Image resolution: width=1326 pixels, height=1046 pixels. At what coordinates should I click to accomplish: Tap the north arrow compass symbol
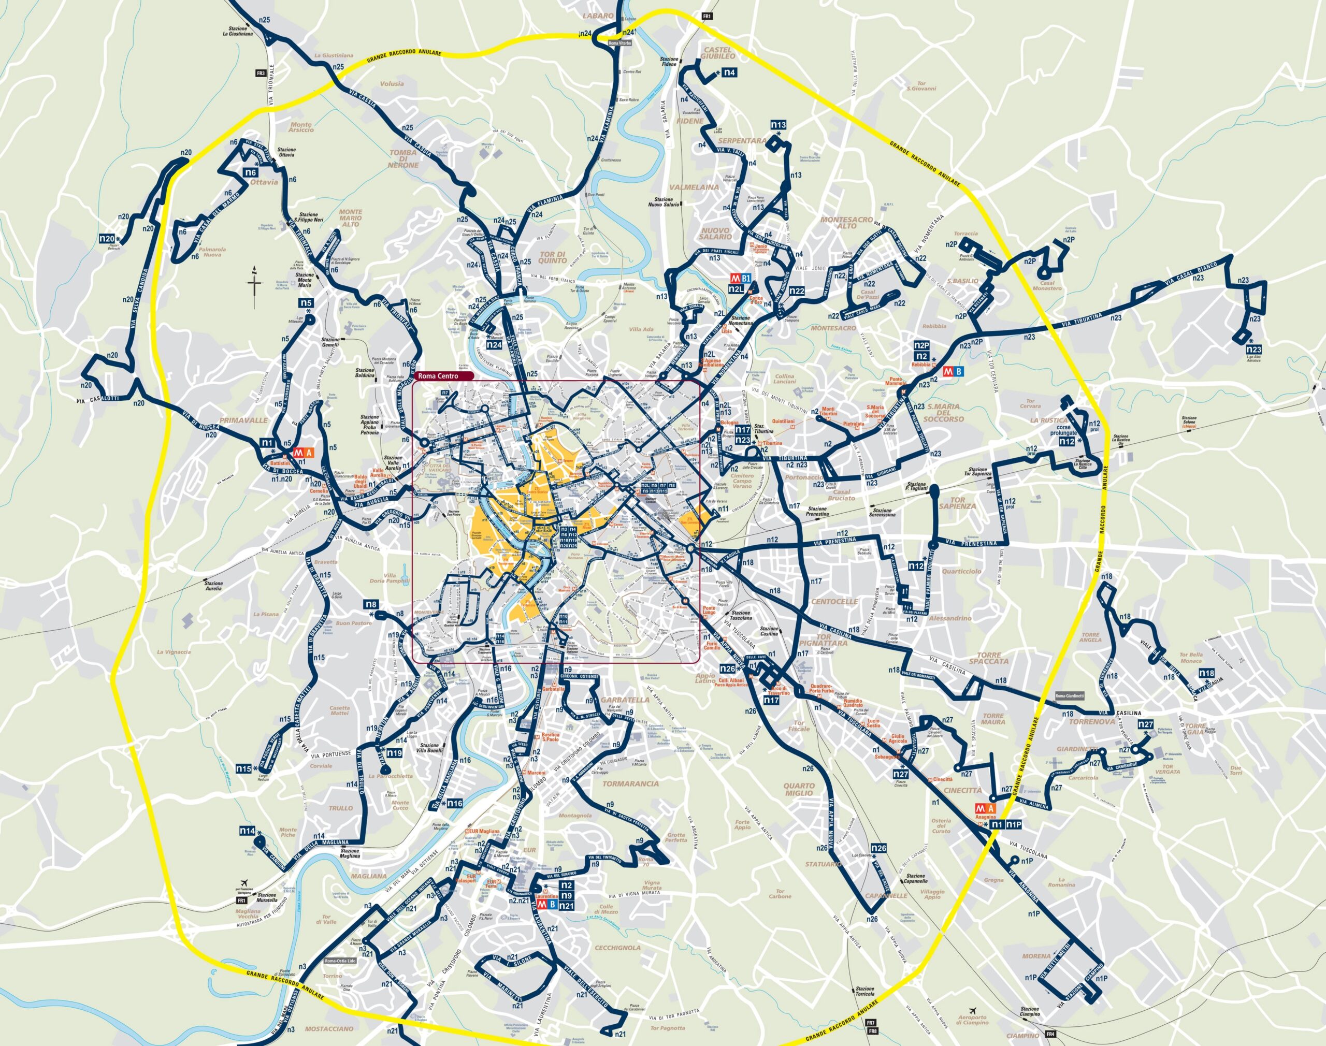pos(256,285)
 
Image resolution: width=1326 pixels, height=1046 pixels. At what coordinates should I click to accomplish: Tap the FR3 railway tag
pos(262,73)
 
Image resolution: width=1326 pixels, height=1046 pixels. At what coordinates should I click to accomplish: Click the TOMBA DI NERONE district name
pos(402,158)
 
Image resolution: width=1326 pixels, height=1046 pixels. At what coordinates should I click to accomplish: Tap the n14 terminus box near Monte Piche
pos(247,831)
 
